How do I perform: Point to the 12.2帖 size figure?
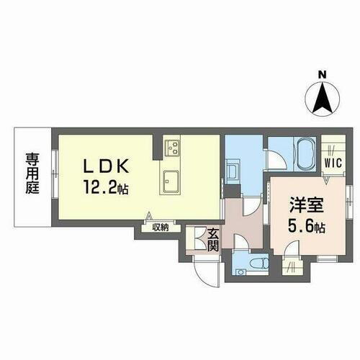coord(107,190)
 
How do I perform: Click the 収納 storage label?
coord(160,228)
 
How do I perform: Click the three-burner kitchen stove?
coord(173,148)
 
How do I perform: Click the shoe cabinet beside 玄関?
coord(194,238)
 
